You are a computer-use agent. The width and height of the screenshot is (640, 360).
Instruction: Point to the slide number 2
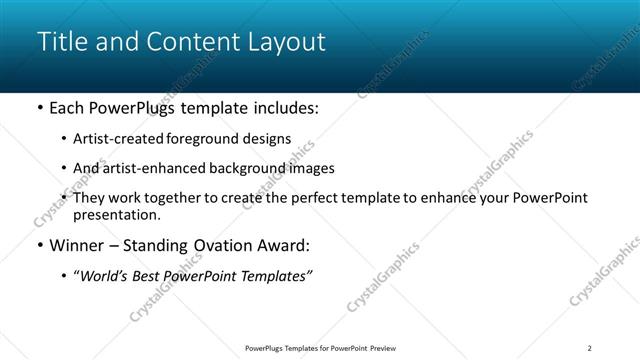[x=590, y=348]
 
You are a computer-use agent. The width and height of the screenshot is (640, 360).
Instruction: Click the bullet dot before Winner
[x=39, y=245]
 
